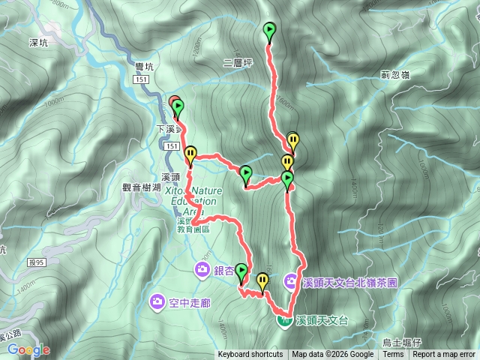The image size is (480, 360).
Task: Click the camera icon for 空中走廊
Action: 157,302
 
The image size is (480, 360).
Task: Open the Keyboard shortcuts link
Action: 250,355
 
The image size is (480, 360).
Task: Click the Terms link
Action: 393,355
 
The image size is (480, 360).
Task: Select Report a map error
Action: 444,355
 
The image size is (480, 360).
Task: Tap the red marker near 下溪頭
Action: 173,103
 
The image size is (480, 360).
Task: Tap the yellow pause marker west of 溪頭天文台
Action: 262,282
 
